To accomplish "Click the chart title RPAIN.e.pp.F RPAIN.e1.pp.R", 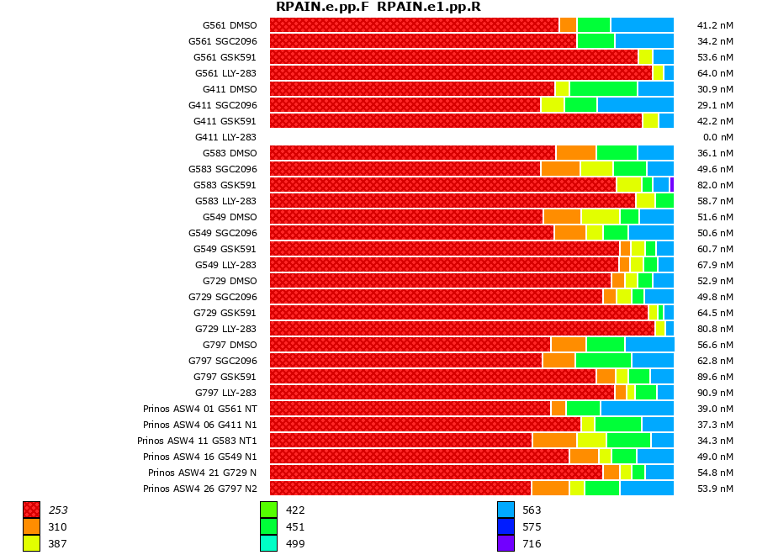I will coord(378,8).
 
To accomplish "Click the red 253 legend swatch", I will coord(31,510).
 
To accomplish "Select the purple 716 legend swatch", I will coord(506,543).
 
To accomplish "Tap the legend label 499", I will coord(295,543).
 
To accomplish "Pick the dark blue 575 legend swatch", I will coord(506,526).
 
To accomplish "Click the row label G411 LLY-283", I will coord(225,137).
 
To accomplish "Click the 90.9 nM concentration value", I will coord(715,393).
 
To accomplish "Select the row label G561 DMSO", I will coord(230,25).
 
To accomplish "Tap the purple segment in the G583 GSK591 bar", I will coord(671,185).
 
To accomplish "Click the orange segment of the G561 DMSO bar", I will coord(568,25).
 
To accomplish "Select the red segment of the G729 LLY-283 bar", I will coord(462,329).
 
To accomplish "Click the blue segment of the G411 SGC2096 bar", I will coord(635,105).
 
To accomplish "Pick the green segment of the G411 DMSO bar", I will coord(603,89).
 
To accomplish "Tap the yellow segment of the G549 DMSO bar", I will coord(600,217).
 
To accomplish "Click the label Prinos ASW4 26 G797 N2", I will coord(200,489).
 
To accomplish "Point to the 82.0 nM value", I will coord(715,185).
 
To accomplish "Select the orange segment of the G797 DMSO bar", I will coord(569,345).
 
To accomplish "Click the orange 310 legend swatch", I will coord(31,526).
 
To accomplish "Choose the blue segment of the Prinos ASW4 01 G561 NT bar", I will coord(637,409).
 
